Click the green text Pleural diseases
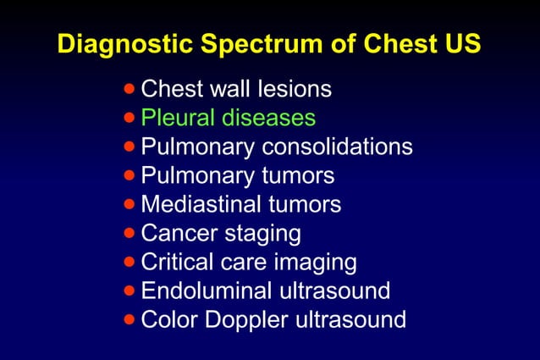[228, 117]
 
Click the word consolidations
[337, 147]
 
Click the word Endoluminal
[205, 291]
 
